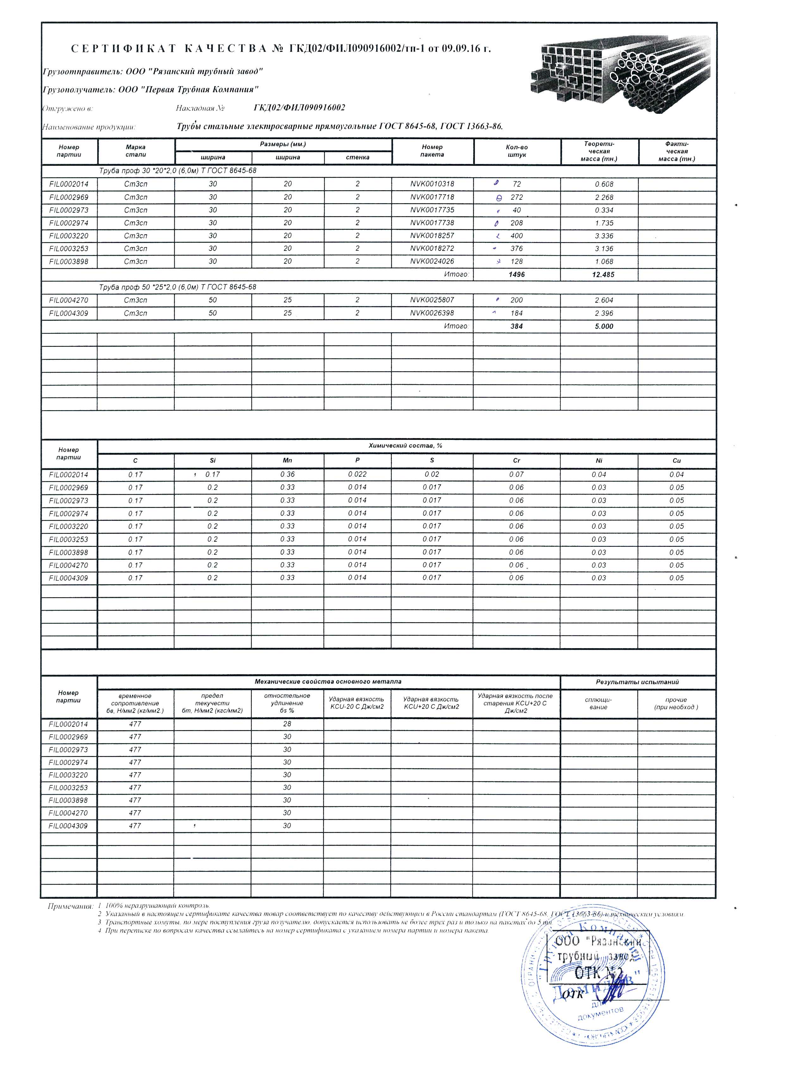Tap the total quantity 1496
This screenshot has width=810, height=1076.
516,275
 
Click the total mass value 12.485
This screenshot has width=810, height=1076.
603,275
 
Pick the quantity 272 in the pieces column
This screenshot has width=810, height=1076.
516,197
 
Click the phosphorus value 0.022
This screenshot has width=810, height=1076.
357,474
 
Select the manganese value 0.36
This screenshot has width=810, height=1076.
287,474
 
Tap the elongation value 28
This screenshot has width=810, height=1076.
287,724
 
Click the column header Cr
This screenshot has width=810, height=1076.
516,460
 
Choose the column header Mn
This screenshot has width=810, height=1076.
287,460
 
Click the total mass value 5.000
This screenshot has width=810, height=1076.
603,326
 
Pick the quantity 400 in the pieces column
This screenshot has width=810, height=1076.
516,236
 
